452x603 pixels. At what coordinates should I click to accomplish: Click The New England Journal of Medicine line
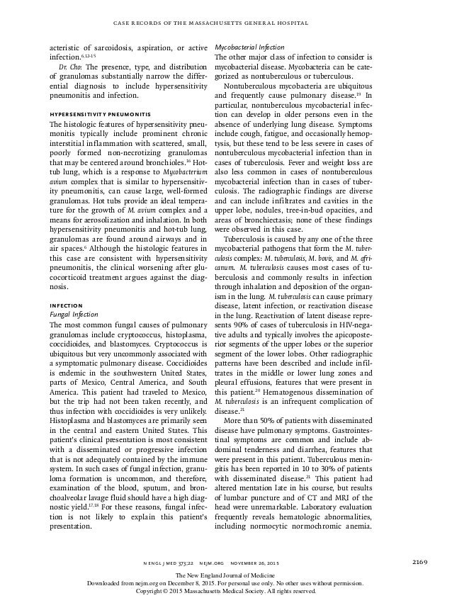226,575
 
